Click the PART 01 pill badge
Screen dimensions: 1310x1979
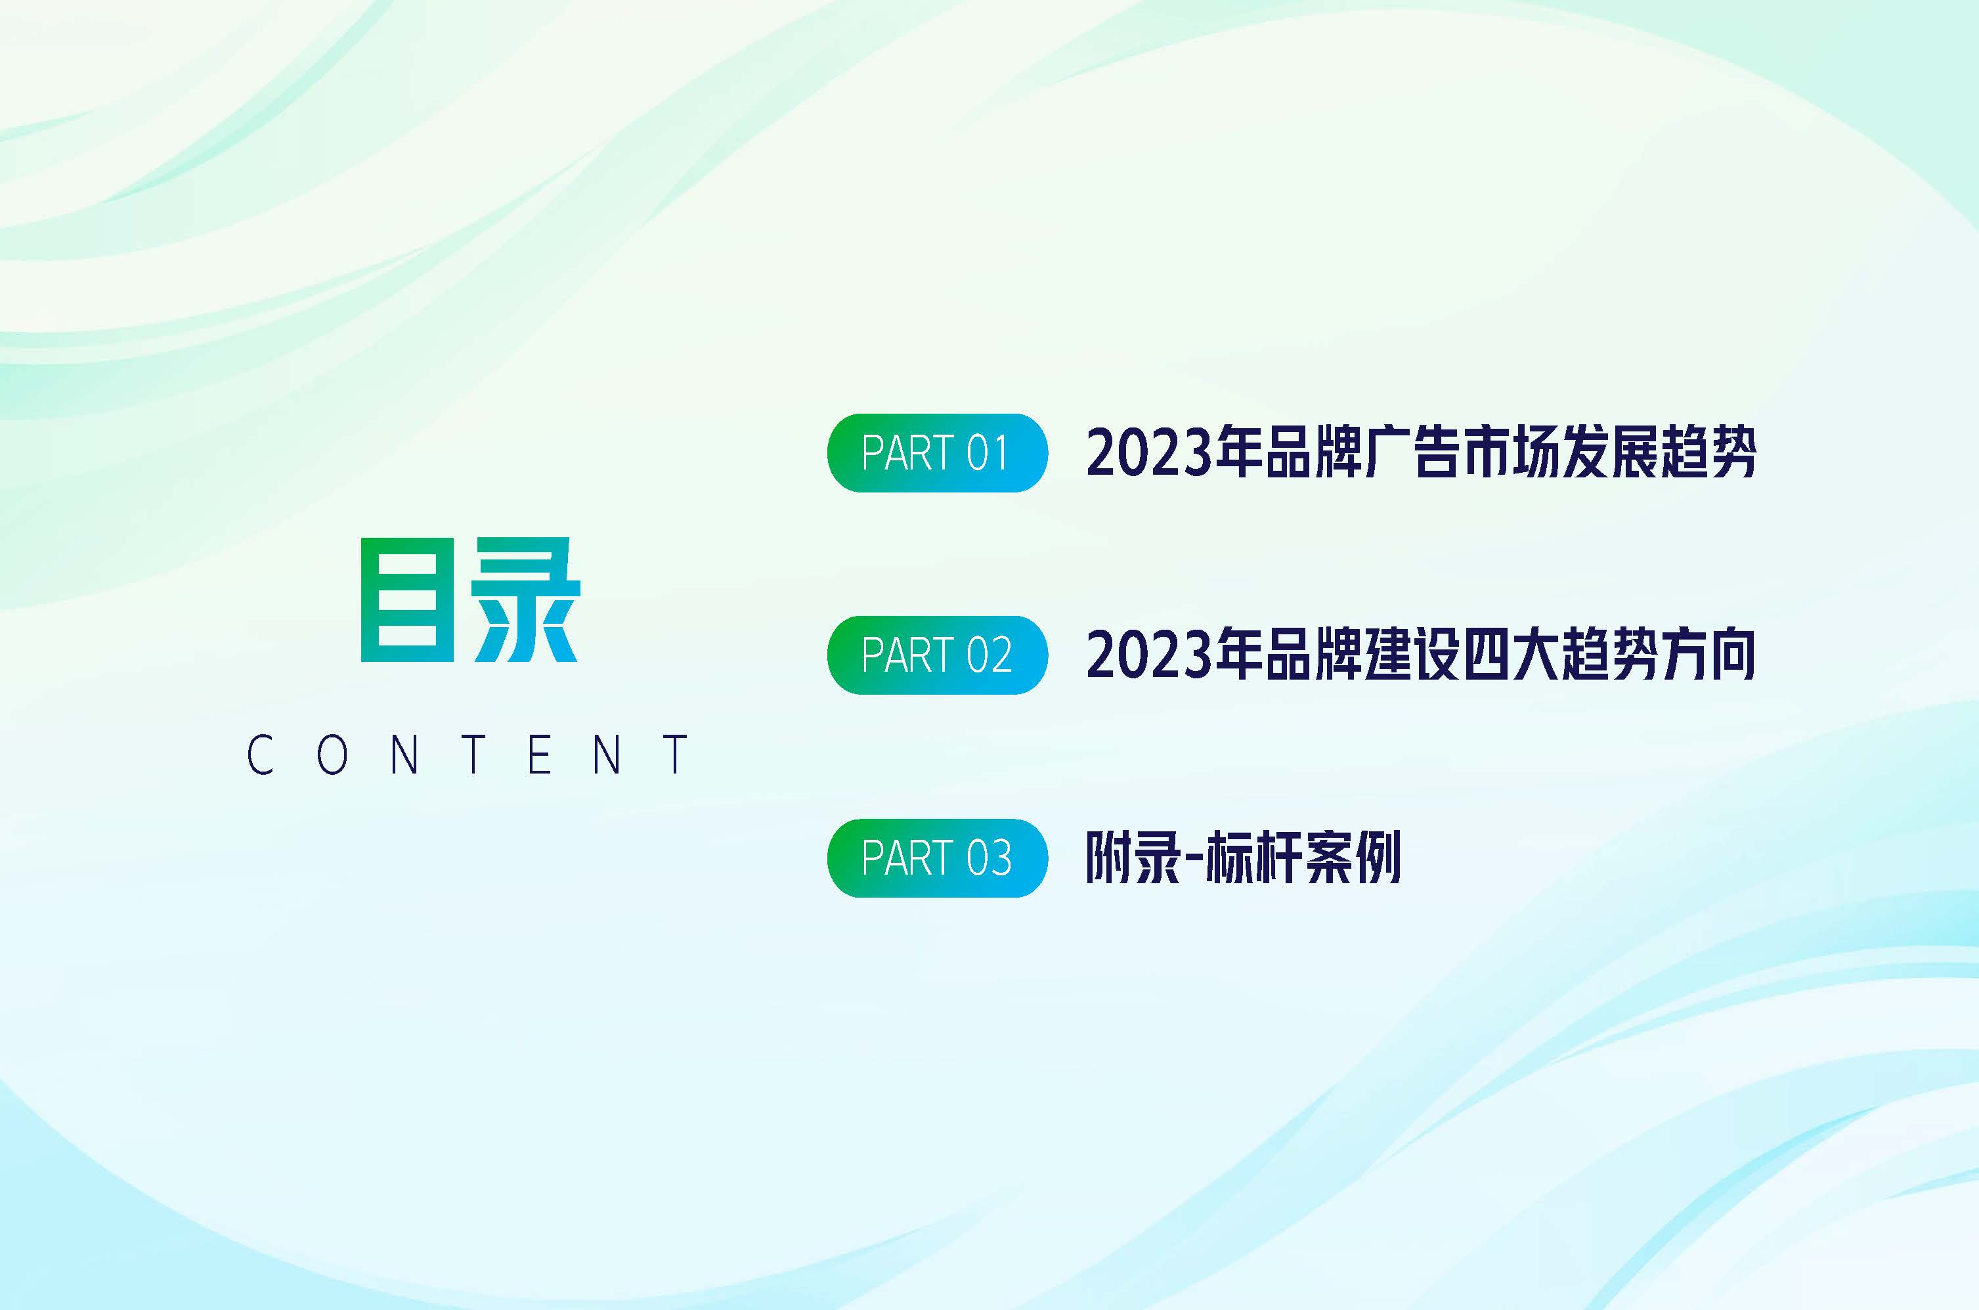point(936,453)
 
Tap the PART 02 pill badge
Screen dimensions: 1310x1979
point(936,655)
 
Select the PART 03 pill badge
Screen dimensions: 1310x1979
point(936,858)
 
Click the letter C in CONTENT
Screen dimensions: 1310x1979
point(260,754)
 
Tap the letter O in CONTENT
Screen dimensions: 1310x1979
point(332,754)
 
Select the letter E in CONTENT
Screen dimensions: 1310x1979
point(540,754)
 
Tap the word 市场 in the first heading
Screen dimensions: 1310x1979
point(1510,453)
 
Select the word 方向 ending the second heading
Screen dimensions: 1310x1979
point(1707,655)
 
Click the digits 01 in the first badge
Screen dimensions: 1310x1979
point(988,453)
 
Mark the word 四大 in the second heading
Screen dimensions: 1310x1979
point(1510,655)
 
